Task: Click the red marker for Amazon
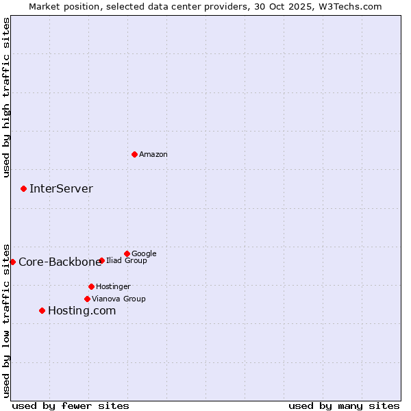pyautogui.click(x=134, y=154)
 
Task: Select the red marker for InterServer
pyautogui.click(x=23, y=188)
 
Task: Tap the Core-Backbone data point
pyautogui.click(x=12, y=262)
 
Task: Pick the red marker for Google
pyautogui.click(x=127, y=253)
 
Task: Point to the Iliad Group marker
pyautogui.click(x=101, y=260)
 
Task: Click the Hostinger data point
pyautogui.click(x=91, y=286)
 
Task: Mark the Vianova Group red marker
pyautogui.click(x=87, y=299)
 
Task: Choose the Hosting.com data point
pyautogui.click(x=42, y=310)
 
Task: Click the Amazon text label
pyautogui.click(x=153, y=155)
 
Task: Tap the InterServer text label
pyautogui.click(x=61, y=189)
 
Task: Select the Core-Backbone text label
pyautogui.click(x=60, y=262)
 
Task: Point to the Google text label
pyautogui.click(x=144, y=253)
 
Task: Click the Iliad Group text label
pyautogui.click(x=127, y=260)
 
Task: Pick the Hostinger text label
pyautogui.click(x=113, y=286)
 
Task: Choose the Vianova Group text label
pyautogui.click(x=119, y=299)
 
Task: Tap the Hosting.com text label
pyautogui.click(x=82, y=311)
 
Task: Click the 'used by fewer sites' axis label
pyautogui.click(x=71, y=406)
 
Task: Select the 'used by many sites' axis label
pyautogui.click(x=344, y=406)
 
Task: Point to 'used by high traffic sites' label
pyautogui.click(x=6, y=97)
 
